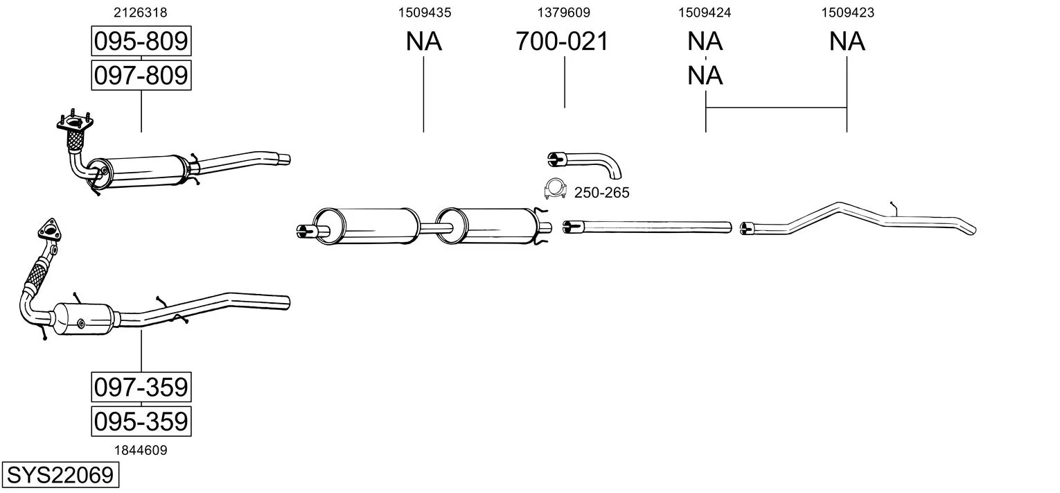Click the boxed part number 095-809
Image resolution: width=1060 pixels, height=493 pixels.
click(141, 42)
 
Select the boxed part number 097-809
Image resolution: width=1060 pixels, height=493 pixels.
click(141, 74)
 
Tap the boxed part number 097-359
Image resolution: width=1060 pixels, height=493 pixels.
click(141, 387)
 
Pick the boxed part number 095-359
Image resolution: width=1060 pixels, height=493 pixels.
click(141, 421)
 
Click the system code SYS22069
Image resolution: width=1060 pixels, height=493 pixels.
click(60, 476)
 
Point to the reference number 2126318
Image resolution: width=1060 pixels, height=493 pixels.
click(141, 12)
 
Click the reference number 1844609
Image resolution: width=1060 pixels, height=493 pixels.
click(141, 450)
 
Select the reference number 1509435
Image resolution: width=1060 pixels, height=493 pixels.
click(424, 12)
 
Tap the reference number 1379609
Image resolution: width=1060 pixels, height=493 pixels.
click(564, 12)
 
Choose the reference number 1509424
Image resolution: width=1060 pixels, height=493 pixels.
click(705, 12)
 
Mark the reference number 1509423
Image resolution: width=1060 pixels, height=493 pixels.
click(847, 12)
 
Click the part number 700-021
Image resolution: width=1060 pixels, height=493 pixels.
click(562, 42)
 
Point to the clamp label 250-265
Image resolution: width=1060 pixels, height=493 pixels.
click(601, 193)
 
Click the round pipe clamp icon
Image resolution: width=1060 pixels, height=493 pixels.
click(554, 188)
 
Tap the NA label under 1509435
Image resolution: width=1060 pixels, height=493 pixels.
click(424, 42)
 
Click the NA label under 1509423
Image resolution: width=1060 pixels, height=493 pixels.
click(847, 42)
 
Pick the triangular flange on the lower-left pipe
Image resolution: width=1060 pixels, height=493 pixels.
click(48, 230)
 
